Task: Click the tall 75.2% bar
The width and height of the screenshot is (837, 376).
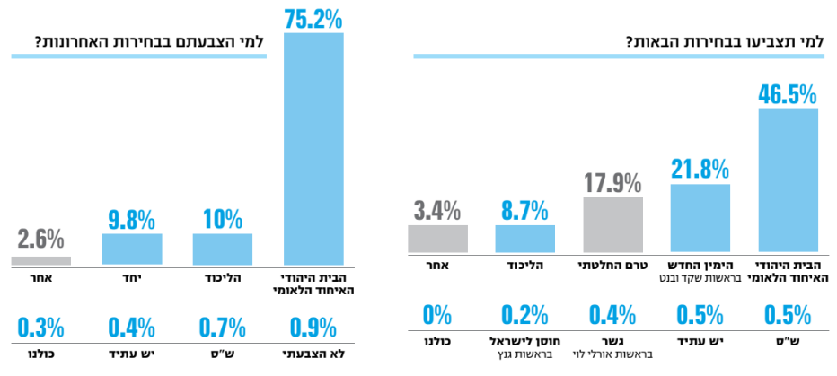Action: coord(313,148)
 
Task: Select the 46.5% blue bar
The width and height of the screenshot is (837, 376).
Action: coord(789,179)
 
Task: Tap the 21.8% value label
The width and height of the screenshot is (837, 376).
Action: coord(700,167)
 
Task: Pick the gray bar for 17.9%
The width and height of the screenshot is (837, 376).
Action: coord(613,224)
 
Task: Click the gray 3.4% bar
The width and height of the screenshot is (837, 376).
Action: coord(437,239)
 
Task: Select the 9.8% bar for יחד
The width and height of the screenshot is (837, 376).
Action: coord(132,249)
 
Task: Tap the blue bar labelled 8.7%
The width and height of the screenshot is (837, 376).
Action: coord(524,239)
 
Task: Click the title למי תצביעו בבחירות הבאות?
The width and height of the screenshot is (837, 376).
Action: coord(726,41)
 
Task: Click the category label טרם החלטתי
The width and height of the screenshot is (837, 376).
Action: coord(613,267)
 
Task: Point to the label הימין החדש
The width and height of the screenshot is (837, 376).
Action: coord(700,267)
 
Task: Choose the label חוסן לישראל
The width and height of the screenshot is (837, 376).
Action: coord(524,342)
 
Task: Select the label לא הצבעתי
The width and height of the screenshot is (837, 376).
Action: coord(313,354)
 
